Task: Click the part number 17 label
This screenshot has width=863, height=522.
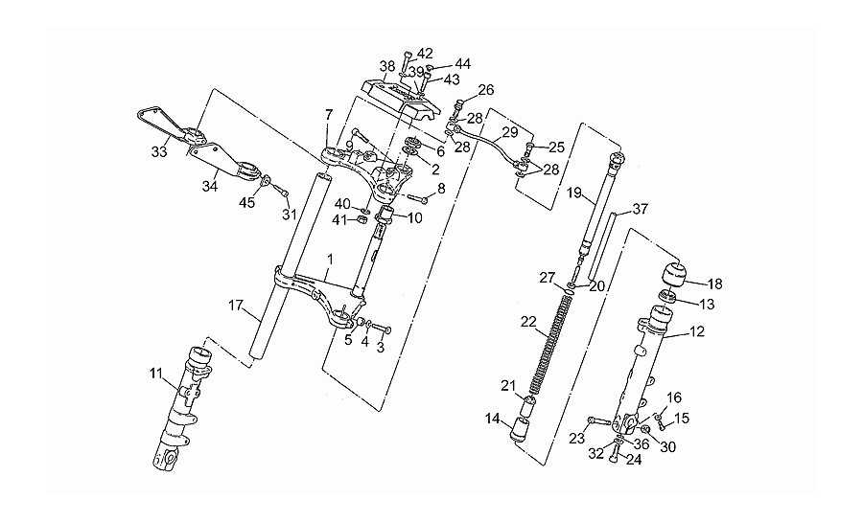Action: pos(236,305)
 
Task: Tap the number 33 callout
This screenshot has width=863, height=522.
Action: pos(159,152)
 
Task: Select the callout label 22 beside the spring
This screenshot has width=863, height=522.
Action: pos(528,322)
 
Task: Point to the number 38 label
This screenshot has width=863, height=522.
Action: pos(387,67)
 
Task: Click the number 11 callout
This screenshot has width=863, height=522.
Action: pos(156,374)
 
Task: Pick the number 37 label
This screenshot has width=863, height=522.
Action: pos(641,209)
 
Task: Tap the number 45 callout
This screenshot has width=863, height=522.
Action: pos(246,203)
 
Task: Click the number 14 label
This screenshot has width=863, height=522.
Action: pos(493,420)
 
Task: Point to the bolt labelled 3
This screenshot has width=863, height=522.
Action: pos(381,328)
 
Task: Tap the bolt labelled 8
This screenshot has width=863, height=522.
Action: pos(417,198)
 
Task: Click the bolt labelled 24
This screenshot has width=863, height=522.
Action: pos(615,454)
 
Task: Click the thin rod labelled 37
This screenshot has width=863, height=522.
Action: pos(601,247)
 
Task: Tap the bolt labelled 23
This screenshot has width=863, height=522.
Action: pos(598,422)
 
